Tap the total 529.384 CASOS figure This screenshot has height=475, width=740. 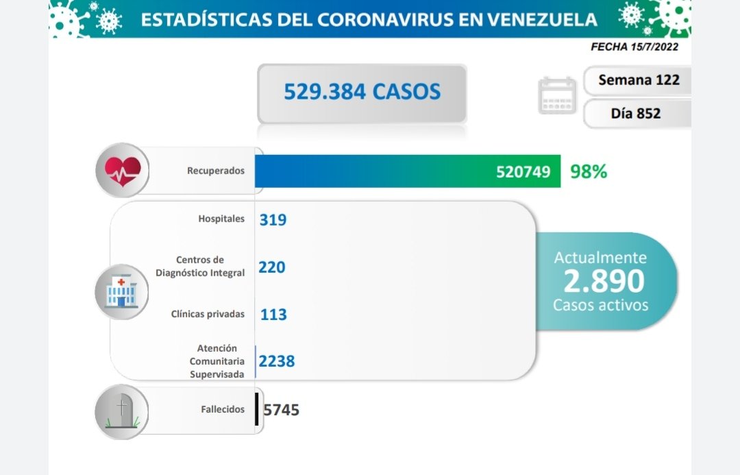click(x=362, y=92)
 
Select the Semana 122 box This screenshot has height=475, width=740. click(x=639, y=80)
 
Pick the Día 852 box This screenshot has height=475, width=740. click(x=635, y=113)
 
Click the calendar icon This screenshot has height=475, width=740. click(x=557, y=95)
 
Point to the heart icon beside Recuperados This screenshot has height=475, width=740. click(x=122, y=169)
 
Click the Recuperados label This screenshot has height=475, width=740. click(x=215, y=171)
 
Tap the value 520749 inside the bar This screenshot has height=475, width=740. click(x=523, y=171)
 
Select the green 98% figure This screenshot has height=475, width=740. click(x=589, y=171)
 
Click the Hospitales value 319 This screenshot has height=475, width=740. click(x=273, y=220)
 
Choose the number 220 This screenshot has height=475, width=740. click(x=272, y=267)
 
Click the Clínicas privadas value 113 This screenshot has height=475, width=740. click(x=273, y=315)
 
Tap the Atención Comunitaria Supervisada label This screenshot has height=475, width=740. click(x=217, y=361)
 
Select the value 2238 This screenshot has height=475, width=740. click(x=277, y=361)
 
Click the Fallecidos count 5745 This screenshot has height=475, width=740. click(x=281, y=410)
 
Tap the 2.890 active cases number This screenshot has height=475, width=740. click(x=604, y=281)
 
